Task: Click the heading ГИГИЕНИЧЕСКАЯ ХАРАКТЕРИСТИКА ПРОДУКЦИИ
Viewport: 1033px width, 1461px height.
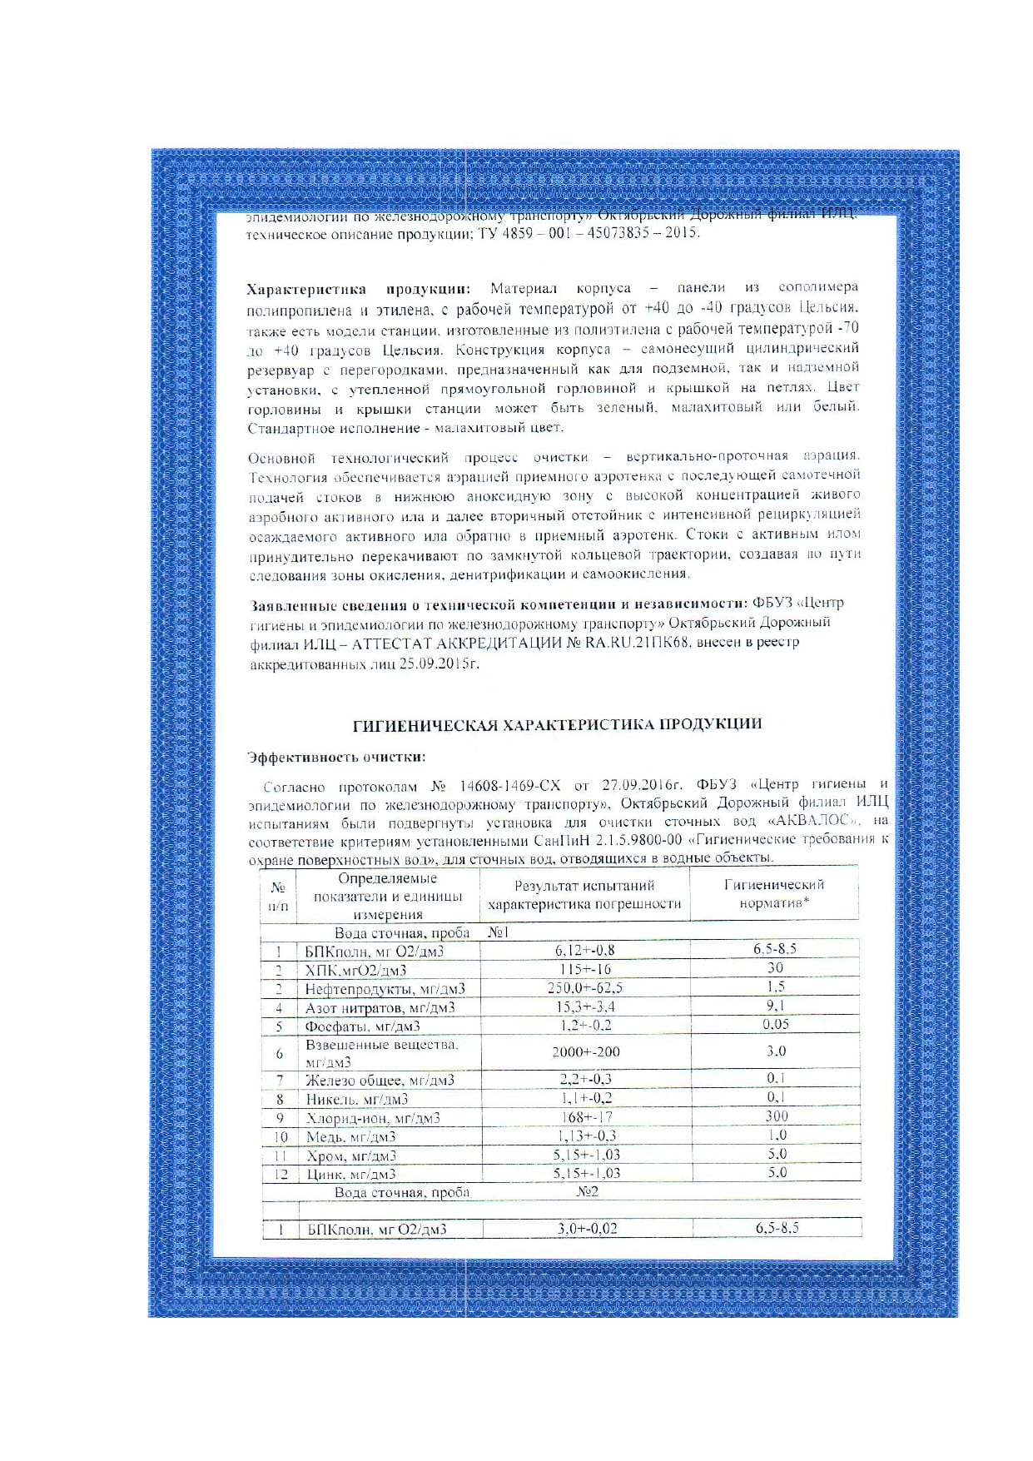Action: pos(558,725)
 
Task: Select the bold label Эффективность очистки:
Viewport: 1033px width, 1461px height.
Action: pos(336,758)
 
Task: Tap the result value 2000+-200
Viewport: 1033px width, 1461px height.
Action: pos(585,1052)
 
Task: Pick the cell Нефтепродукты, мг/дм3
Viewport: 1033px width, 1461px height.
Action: pos(385,989)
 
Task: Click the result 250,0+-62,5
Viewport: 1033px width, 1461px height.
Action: pos(585,988)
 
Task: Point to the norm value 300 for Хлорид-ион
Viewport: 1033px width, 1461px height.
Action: pos(776,1116)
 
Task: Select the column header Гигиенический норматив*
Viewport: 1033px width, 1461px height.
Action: pos(774,894)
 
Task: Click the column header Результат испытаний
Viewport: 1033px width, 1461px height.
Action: pos(584,886)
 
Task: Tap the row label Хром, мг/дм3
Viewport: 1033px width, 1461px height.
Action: pos(350,1156)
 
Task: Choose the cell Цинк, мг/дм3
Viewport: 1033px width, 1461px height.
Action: pos(350,1175)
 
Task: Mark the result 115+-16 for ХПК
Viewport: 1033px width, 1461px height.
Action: pos(585,970)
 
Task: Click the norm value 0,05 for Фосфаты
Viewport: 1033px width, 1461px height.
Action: pos(776,1025)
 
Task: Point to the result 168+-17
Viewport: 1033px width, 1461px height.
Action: pos(585,1117)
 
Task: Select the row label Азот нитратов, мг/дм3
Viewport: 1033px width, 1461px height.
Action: pos(380,1008)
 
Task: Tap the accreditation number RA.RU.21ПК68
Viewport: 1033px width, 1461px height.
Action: pos(638,644)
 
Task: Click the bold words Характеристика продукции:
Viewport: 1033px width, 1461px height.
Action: pos(358,289)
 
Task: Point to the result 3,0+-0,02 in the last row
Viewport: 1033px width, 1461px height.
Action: pos(587,1229)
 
